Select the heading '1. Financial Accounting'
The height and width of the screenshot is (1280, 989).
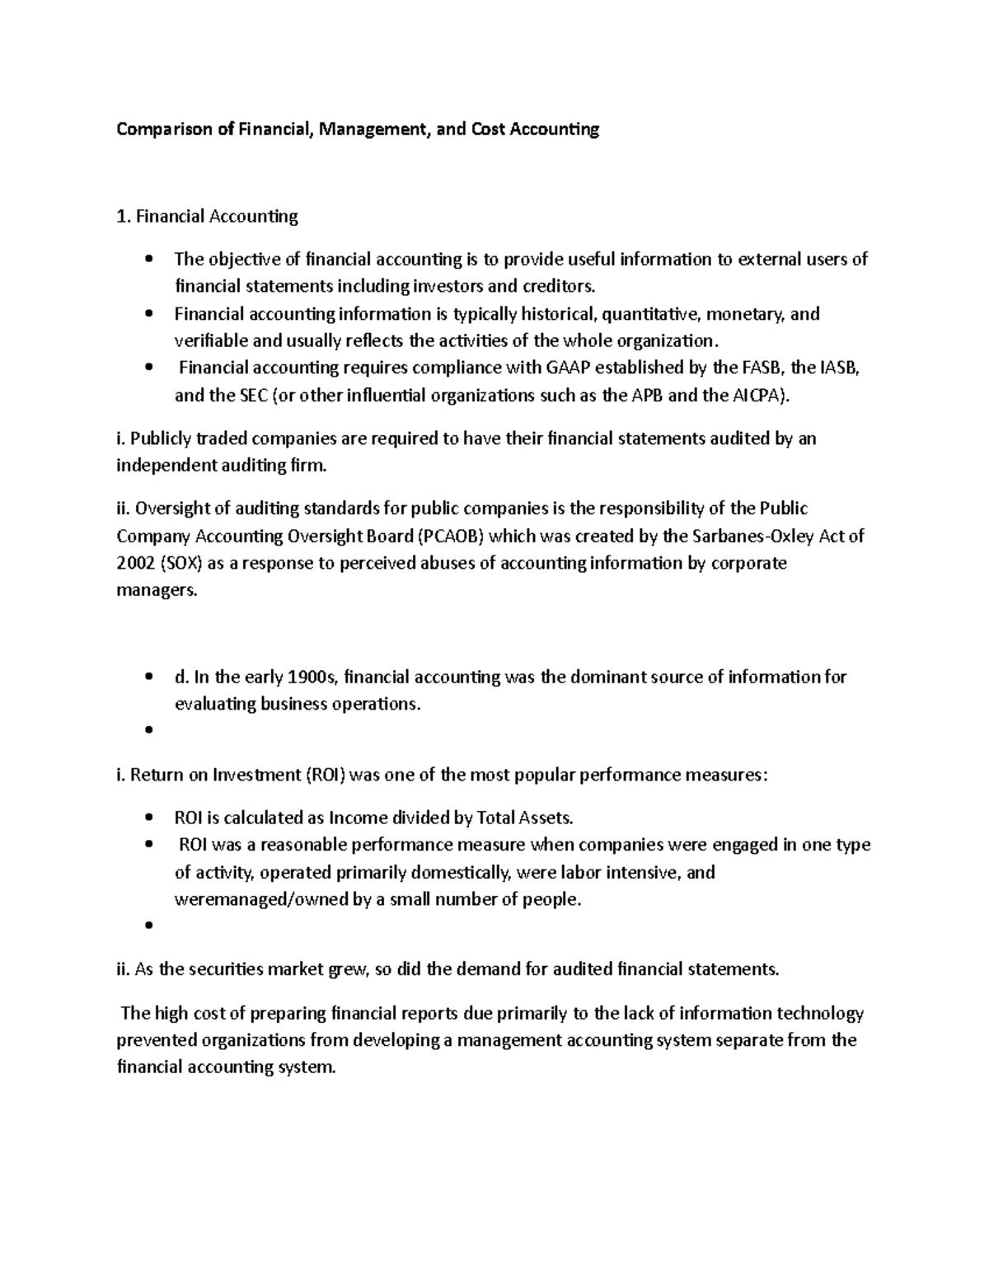(207, 217)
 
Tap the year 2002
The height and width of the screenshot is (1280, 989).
(135, 563)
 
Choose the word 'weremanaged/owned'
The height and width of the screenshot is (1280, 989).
(261, 900)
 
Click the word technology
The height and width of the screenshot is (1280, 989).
(819, 1013)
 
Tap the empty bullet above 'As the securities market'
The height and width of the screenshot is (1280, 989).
(148, 926)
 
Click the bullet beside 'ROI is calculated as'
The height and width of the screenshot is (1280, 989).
(148, 818)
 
